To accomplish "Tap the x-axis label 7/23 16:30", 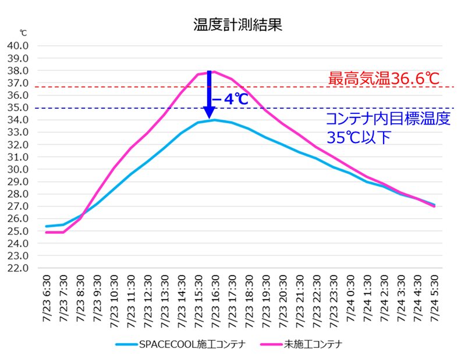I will [x=215, y=297].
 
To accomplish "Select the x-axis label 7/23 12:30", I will [x=147, y=297].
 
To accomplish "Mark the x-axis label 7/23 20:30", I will [x=282, y=297].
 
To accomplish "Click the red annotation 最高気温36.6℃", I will [x=383, y=78].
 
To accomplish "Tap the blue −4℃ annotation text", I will [x=230, y=99].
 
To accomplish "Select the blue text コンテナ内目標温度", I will [x=388, y=120].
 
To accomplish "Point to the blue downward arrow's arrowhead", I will [x=208, y=113].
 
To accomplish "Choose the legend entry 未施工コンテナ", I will [x=312, y=344].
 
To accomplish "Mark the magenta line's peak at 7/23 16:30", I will [x=214, y=72].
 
